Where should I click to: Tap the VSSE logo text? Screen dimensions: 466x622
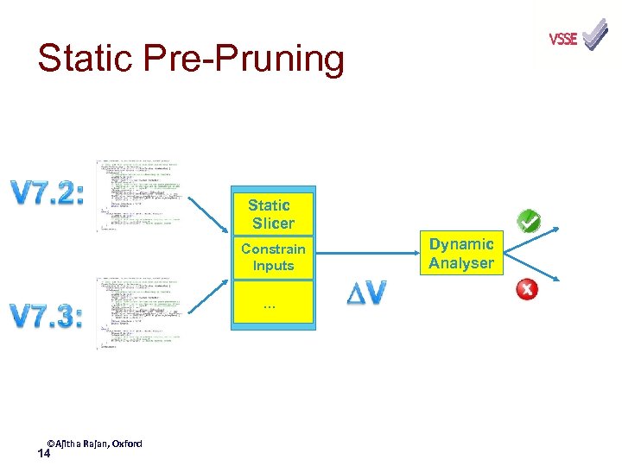(563, 39)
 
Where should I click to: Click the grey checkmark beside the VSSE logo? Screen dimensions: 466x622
(595, 35)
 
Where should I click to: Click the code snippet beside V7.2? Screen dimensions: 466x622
(139, 196)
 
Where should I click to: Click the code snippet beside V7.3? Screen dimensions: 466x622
(139, 313)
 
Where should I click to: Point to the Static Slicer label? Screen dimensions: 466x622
(271, 214)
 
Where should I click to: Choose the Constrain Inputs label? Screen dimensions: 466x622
(273, 257)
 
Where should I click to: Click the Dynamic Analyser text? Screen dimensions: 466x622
(461, 254)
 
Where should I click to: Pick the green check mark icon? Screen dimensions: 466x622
(529, 222)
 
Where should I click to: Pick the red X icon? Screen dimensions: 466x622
(526, 289)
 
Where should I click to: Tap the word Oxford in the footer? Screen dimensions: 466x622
(126, 444)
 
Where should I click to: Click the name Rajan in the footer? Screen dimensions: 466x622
(97, 444)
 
